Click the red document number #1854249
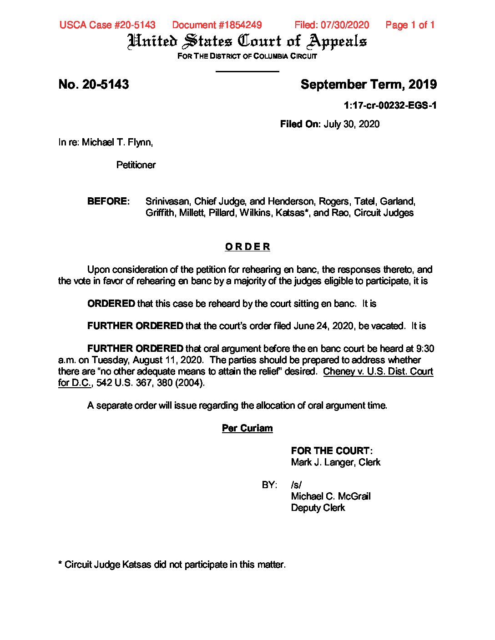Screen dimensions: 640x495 217,25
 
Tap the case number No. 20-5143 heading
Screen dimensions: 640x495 94,85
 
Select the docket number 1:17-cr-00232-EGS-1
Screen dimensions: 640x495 390,105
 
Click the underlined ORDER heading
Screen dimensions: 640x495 247,247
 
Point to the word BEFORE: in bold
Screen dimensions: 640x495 108,201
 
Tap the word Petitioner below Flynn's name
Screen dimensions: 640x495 136,165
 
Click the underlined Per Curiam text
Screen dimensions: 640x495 247,428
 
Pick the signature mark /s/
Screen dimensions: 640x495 296,485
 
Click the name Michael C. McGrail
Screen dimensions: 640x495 331,496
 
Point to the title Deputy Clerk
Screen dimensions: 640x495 318,508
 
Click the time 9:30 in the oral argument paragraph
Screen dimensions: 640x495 425,349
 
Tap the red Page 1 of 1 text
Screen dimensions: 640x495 410,25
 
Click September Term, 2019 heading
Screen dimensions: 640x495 369,85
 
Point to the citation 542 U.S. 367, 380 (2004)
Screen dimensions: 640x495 151,383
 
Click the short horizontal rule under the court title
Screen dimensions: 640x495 247,71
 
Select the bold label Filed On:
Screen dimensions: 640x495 300,124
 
